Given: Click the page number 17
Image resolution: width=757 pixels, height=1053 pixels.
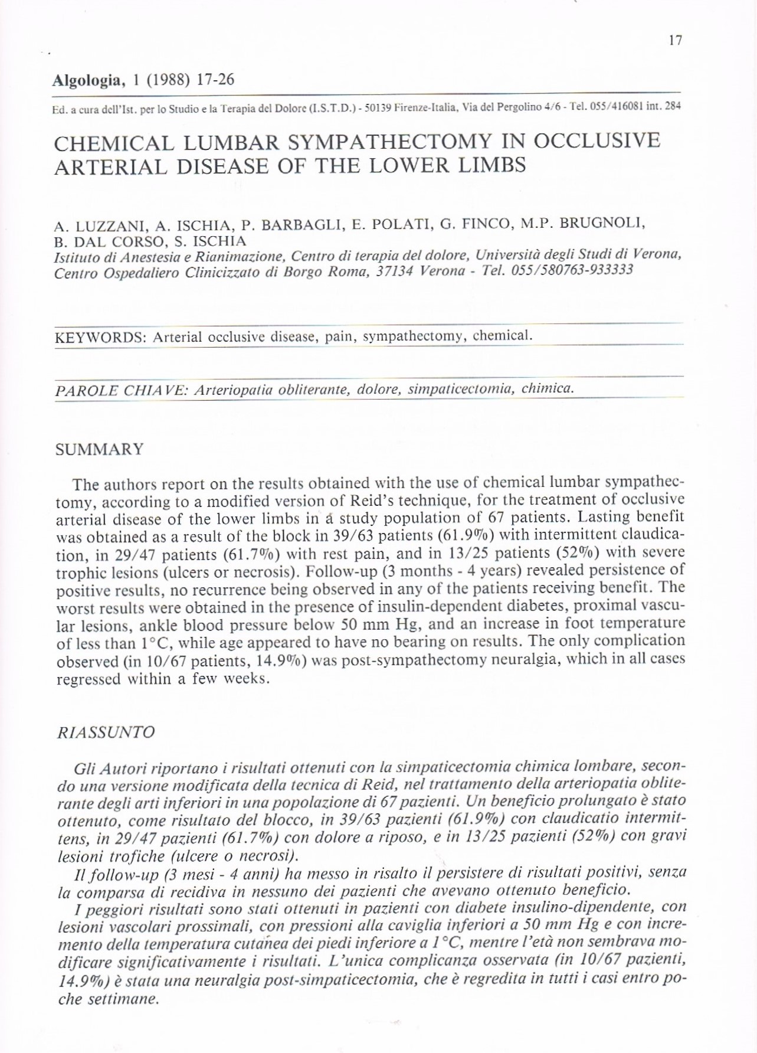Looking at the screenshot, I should (676, 40).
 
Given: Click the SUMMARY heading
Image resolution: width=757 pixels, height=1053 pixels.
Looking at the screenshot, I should (99, 450).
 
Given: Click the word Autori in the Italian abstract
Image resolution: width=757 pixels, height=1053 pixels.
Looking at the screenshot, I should (126, 769).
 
